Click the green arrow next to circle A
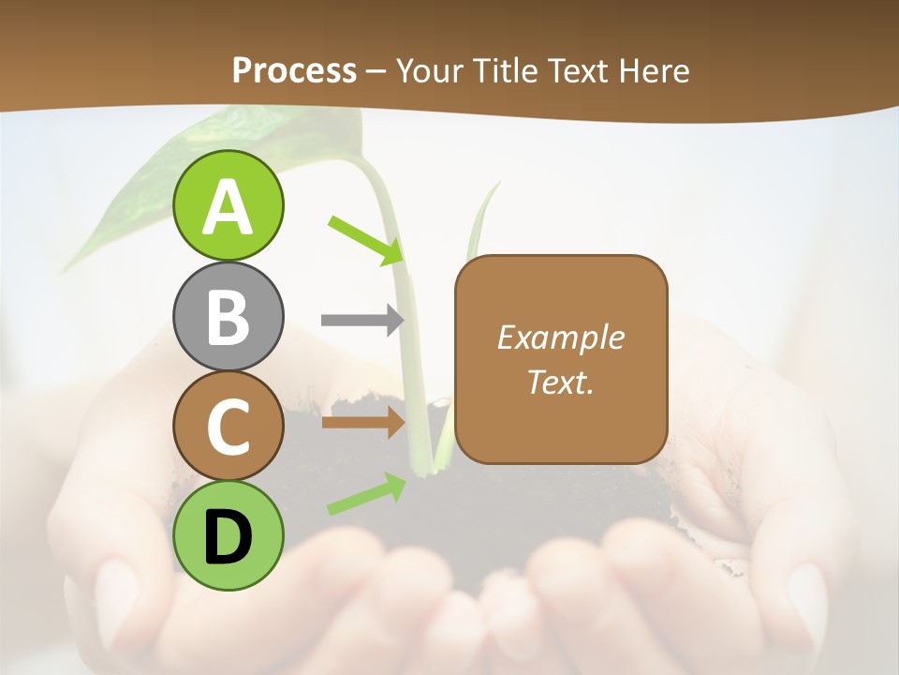[x=365, y=240]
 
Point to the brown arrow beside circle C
[x=362, y=423]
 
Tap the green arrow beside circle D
[x=366, y=494]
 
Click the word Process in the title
[x=294, y=70]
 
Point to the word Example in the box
[x=560, y=337]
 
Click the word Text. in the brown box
[x=560, y=382]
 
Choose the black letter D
[x=228, y=537]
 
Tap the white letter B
[x=228, y=317]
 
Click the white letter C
[x=228, y=427]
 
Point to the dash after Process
[x=376, y=71]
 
